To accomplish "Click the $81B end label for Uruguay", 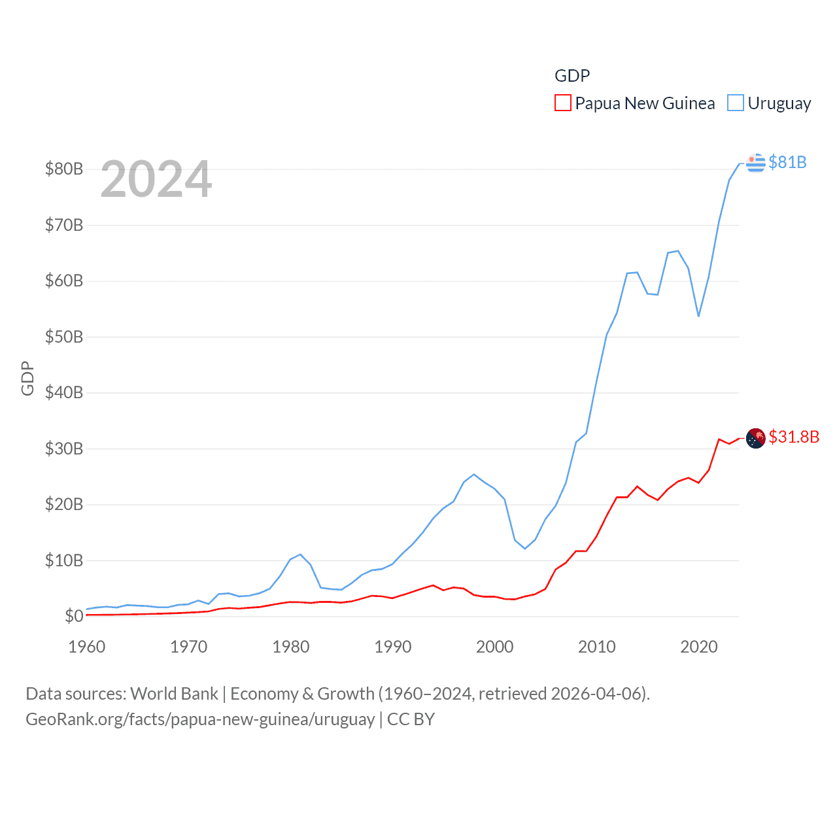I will [x=787, y=162].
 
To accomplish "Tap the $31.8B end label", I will [x=794, y=437].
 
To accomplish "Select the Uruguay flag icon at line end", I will [x=756, y=162].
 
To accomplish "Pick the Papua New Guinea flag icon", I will [x=756, y=437].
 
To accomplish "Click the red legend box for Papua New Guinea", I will [x=562, y=103].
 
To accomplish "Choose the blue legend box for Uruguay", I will [x=736, y=103].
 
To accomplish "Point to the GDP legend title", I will [x=572, y=76].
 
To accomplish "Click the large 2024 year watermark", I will [x=156, y=179].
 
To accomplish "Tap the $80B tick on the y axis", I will [x=64, y=169].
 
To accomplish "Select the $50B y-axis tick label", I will [x=64, y=337].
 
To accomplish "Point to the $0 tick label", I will [x=74, y=616].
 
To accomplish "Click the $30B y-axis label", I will [x=64, y=449].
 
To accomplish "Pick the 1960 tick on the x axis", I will [x=87, y=647].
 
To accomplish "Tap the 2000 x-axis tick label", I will [x=495, y=647].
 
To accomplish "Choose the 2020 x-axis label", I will [x=699, y=647].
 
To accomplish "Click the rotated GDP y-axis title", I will [x=27, y=378].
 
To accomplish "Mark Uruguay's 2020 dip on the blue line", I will [x=698, y=316].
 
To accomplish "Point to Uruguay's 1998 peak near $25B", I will [x=474, y=474].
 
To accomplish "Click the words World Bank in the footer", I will [x=174, y=693].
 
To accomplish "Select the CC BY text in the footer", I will [x=411, y=719].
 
